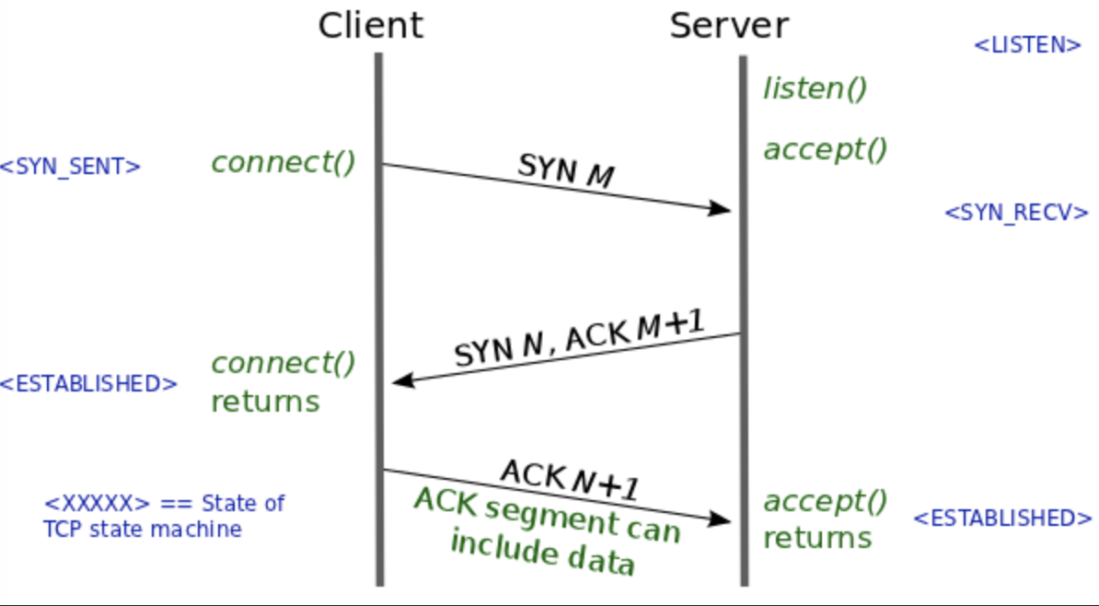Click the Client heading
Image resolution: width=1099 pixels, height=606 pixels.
[x=370, y=26]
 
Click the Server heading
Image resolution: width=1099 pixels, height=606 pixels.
[x=729, y=26]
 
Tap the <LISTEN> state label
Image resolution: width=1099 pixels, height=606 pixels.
[x=1027, y=46]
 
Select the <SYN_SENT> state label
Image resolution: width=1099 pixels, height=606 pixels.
[x=70, y=167]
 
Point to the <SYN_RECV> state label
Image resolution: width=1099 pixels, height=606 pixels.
[x=1017, y=213]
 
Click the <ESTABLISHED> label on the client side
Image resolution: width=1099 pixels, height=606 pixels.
[x=88, y=384]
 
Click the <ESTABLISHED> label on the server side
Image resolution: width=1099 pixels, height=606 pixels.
[x=1002, y=519]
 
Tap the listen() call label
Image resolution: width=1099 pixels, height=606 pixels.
[x=816, y=89]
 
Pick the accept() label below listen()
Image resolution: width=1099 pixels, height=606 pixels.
[x=826, y=149]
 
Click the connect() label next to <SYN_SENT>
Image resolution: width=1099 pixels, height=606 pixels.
[x=283, y=163]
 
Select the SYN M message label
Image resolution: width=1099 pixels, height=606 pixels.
[x=566, y=170]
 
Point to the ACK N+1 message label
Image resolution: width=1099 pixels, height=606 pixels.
[x=570, y=480]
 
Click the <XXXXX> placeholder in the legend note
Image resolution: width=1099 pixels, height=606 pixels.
[x=97, y=504]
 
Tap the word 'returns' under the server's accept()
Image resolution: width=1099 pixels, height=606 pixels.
[x=817, y=539]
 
